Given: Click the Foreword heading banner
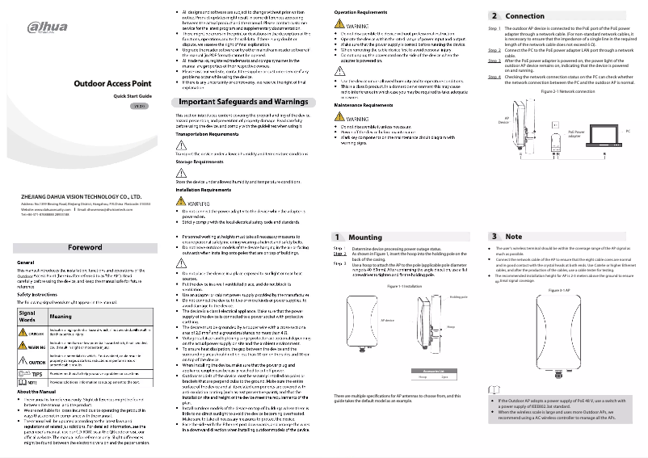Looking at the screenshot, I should pos(84,247).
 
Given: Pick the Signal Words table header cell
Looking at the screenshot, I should pos(27,317).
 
